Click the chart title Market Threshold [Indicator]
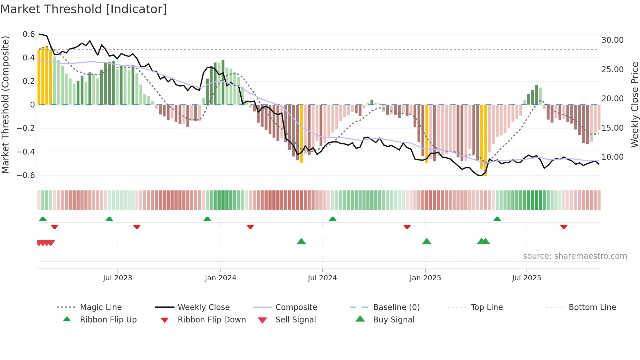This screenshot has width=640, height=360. click(x=84, y=9)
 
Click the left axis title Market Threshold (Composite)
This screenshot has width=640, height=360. click(x=5, y=105)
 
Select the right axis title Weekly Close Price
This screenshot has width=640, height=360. click(x=634, y=105)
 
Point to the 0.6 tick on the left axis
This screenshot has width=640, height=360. click(x=29, y=34)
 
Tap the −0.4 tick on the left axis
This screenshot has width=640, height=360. click(x=26, y=152)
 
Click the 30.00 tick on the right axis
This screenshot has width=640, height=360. click(x=612, y=40)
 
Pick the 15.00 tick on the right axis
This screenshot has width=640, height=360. click(x=612, y=128)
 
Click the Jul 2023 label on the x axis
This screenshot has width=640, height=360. click(x=118, y=278)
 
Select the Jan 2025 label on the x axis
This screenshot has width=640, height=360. click(x=425, y=278)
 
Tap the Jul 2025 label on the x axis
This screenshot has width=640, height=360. click(x=526, y=278)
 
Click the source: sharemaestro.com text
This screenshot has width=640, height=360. click(x=575, y=256)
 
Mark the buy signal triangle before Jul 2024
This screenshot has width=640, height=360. click(x=301, y=242)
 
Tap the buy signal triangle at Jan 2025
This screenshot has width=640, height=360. click(x=426, y=242)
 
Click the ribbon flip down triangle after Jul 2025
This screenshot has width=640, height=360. click(x=564, y=227)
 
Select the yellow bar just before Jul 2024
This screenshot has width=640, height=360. click(x=301, y=134)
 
